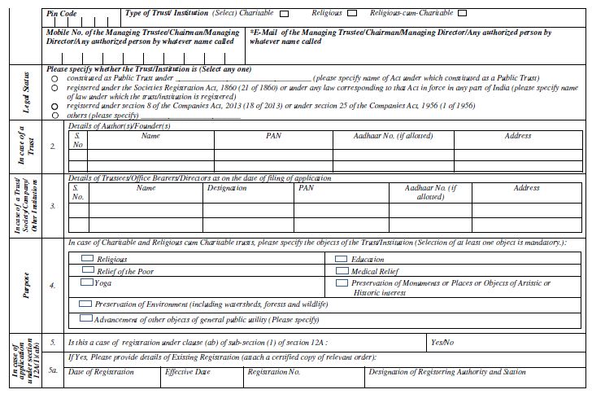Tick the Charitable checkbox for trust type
284,14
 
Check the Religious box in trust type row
351,14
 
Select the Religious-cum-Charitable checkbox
462,14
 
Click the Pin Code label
63,14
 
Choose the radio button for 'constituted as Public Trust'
54,79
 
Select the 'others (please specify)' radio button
54,116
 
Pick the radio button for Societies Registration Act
54,88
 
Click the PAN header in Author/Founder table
273,136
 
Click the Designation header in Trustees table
227,188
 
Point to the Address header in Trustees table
526,188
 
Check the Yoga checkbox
86,282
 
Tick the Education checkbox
341,259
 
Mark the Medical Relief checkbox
341,270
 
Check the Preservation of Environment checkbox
85,303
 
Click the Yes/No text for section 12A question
442,344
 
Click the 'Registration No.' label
274,371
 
